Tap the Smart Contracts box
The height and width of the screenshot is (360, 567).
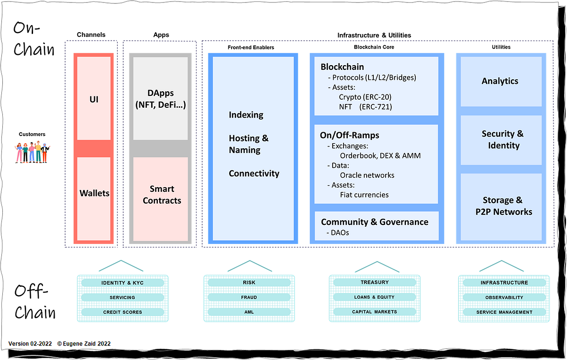pyautogui.click(x=162, y=195)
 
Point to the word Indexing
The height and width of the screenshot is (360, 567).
pyautogui.click(x=246, y=115)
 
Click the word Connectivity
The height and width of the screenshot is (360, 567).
pyautogui.click(x=254, y=173)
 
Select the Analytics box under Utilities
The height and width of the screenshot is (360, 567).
pyautogui.click(x=500, y=81)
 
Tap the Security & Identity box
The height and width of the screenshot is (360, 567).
pyautogui.click(x=502, y=140)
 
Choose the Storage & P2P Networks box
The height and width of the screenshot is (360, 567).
pyautogui.click(x=503, y=206)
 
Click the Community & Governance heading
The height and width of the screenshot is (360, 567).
pyautogui.click(x=374, y=222)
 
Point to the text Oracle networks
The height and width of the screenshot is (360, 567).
pyautogui.click(x=367, y=175)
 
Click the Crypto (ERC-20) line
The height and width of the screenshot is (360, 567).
pyautogui.click(x=365, y=97)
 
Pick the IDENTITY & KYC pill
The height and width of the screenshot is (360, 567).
pyautogui.click(x=122, y=283)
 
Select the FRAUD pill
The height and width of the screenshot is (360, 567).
pyautogui.click(x=249, y=297)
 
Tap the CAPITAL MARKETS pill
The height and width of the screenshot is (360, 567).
pyautogui.click(x=375, y=312)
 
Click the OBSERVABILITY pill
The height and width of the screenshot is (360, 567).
pyautogui.click(x=504, y=298)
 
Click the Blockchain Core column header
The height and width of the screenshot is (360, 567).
pyautogui.click(x=374, y=47)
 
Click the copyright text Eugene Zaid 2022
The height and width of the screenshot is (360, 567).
pyautogui.click(x=84, y=343)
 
